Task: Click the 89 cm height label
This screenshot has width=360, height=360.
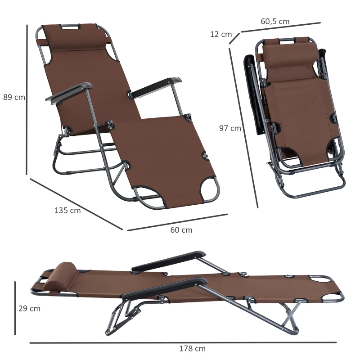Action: pyautogui.click(x=14, y=97)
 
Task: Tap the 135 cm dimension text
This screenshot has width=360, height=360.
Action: pyautogui.click(x=67, y=210)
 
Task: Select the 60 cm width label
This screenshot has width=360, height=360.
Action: pyautogui.click(x=181, y=230)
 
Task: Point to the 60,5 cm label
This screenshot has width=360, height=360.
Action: pyautogui.click(x=275, y=21)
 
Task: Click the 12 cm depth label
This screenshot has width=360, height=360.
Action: pyautogui.click(x=221, y=34)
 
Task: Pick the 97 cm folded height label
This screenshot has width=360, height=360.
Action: pyautogui.click(x=230, y=128)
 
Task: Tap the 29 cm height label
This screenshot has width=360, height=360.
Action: pyautogui.click(x=29, y=308)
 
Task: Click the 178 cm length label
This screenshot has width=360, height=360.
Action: pyautogui.click(x=193, y=348)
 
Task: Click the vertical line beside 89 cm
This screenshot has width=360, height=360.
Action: pyautogui.click(x=27, y=99)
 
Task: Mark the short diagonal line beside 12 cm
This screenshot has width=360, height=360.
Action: pyautogui.click(x=234, y=38)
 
